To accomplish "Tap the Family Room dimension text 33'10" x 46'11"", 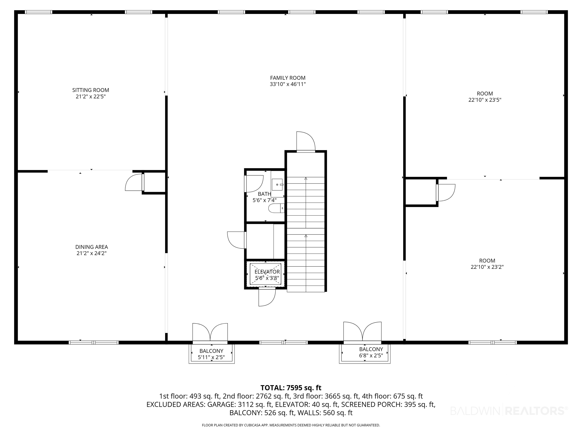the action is coord(288,84).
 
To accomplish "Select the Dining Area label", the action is coord(92,250).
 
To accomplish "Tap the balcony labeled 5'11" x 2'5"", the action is coord(211,354).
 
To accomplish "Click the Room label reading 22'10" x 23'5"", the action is coord(485,97).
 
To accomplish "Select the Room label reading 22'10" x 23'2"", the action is coord(487,264).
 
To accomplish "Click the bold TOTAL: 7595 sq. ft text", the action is coord(291,388).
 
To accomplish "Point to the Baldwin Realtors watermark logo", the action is coord(509,411).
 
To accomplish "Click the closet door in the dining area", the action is coord(135,182).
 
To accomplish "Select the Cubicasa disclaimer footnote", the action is coord(291,425).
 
